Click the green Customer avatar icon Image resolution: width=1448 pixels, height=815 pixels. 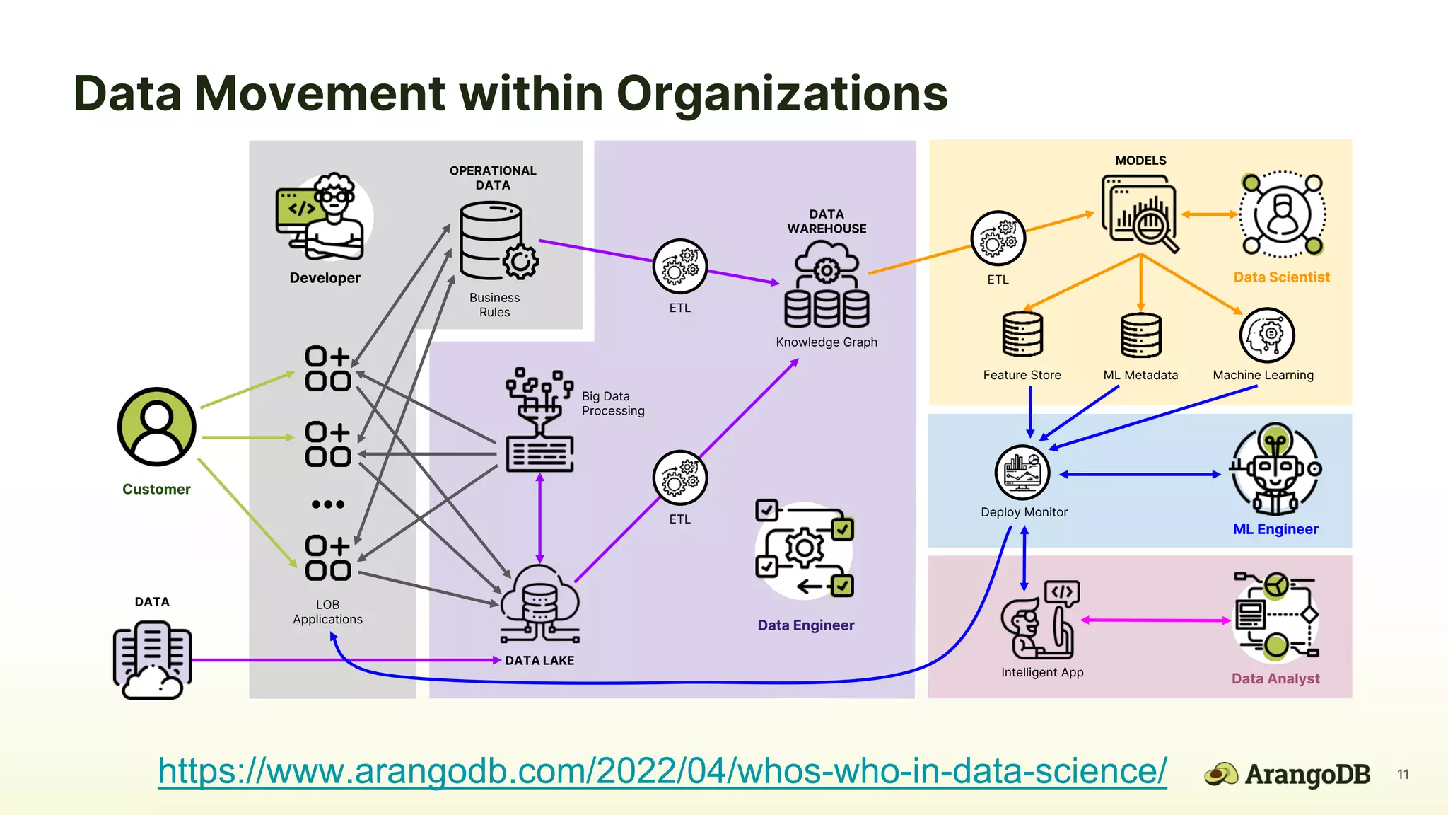click(x=156, y=427)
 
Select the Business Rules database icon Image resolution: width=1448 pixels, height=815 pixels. click(x=495, y=241)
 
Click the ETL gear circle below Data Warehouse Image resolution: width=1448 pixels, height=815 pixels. click(x=679, y=478)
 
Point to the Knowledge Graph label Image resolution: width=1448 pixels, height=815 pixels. click(x=826, y=342)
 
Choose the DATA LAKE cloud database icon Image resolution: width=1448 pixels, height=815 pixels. click(x=540, y=604)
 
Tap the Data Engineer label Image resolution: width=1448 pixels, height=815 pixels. click(x=805, y=625)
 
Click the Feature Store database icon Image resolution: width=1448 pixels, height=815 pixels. click(x=1022, y=335)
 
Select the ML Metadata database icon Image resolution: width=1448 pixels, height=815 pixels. click(x=1140, y=335)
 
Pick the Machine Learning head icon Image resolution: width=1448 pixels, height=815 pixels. click(x=1266, y=335)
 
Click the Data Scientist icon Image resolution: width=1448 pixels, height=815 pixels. click(x=1282, y=214)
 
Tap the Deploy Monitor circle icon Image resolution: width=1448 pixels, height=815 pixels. click(x=1022, y=473)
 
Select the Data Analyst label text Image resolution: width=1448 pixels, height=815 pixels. click(x=1275, y=679)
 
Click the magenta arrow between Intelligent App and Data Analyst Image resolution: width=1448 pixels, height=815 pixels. click(x=1155, y=620)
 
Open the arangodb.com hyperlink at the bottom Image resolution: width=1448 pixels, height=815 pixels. click(x=662, y=771)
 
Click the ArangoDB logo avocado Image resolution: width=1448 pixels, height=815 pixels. click(x=1220, y=775)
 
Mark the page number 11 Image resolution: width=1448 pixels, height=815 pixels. click(x=1403, y=775)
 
